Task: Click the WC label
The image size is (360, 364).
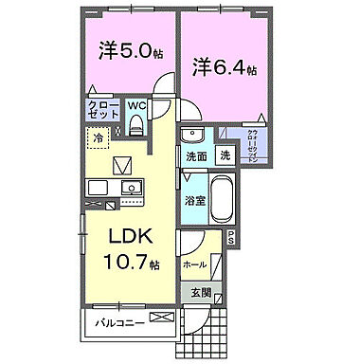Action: (135, 106)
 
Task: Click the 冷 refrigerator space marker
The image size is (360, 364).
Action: (98, 138)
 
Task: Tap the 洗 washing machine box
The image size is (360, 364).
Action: (225, 155)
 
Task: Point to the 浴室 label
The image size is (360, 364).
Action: (195, 201)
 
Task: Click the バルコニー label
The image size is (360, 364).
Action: (119, 323)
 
